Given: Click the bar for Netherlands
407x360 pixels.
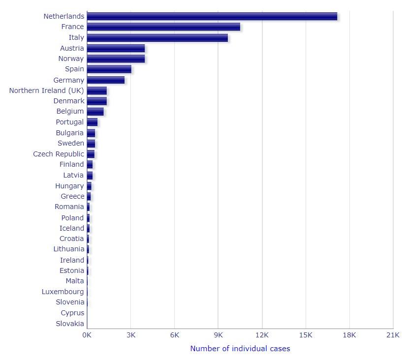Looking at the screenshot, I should coord(212,16).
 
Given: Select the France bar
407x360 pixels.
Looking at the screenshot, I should coord(163,27).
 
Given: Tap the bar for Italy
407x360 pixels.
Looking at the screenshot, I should coord(157,38).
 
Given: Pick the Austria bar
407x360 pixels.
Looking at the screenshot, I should coord(116,48).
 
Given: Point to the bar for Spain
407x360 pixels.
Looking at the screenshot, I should coord(109,69).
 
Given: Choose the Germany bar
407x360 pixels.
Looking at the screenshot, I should coord(105,80).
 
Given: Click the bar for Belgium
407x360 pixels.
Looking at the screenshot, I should coord(95,112).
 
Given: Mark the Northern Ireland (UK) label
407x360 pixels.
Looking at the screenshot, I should coord(47,90).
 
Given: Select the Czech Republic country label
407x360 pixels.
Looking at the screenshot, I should coord(59,154).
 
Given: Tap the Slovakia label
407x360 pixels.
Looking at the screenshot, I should coord(70,324).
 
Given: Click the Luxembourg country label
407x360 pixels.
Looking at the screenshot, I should coord(63,292).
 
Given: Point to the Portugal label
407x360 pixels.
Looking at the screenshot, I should coord(70,122).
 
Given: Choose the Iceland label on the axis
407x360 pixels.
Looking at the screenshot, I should coord(72,228).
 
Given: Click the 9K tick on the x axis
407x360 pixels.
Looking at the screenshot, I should coord(219,335).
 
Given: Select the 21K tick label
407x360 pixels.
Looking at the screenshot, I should coord(393,335).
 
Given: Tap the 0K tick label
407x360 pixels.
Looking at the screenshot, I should coord(87,335).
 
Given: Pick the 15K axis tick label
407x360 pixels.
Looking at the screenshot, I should coord(306,335).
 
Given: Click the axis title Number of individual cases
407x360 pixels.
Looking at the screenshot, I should coord(240,349).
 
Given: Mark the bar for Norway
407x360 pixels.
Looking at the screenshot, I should coord(116,59).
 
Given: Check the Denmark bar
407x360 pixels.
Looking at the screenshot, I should coord(96,101).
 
